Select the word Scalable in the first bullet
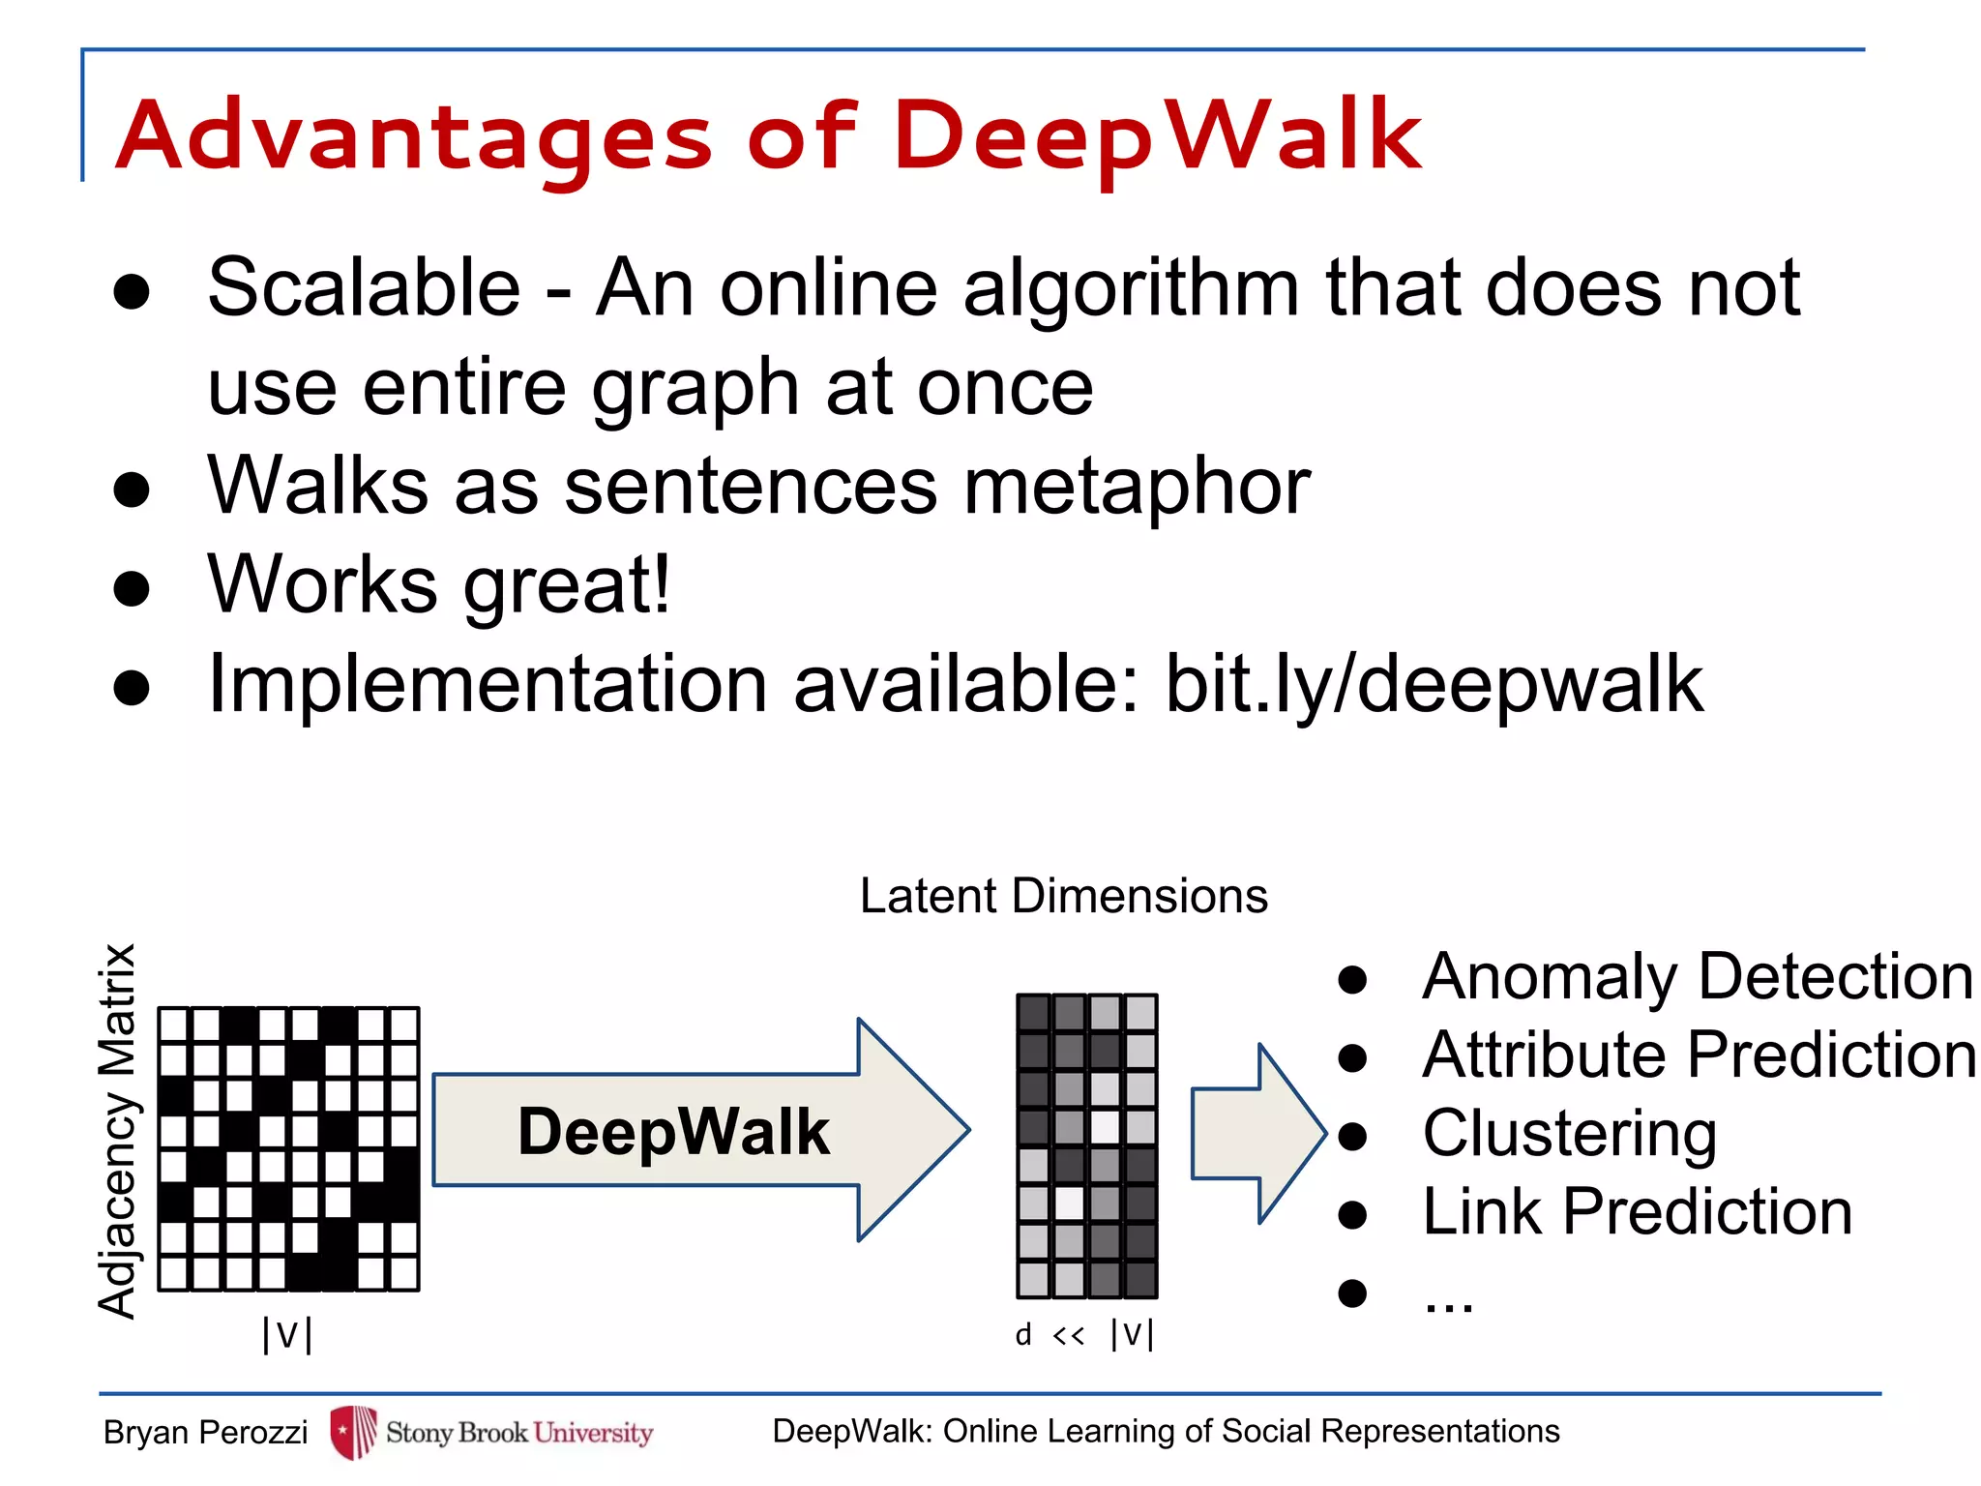[364, 287]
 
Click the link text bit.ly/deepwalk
[1434, 684]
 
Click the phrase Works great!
[439, 584]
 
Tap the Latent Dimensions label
[1063, 896]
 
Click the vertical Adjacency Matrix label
[118, 1131]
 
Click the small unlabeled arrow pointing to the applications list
[1257, 1133]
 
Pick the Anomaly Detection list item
[1697, 976]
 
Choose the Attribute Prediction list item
[1699, 1055]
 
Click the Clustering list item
[1569, 1133]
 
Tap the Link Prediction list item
[1637, 1211]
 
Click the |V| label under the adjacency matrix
[287, 1334]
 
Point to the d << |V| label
[1084, 1334]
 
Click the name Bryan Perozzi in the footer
[205, 1432]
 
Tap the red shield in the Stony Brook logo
[353, 1432]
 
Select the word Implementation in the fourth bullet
[488, 684]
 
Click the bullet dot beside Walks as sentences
[132, 490]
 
